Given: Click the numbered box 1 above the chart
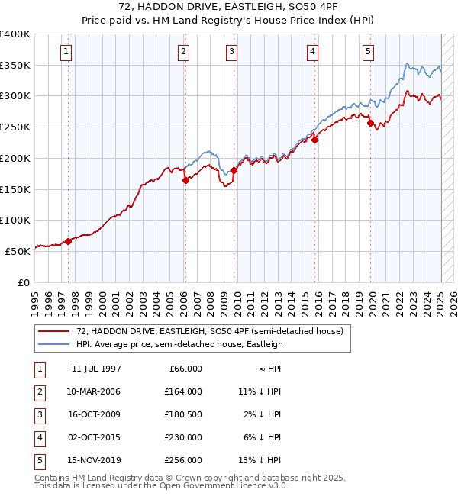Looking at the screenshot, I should coord(67,52).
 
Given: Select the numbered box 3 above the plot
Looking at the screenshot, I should coord(231,52).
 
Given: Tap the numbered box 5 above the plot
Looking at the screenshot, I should coord(368,52).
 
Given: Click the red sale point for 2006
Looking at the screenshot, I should coord(185,181).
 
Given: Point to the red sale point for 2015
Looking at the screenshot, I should coord(314,140).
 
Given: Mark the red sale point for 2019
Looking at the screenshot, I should coord(370,123).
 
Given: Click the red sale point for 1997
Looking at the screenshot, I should coord(68,241).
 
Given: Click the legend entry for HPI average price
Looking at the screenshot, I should coord(179,344).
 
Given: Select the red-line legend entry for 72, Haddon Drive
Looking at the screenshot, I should coord(210,331).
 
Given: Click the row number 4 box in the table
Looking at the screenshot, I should coord(39,437).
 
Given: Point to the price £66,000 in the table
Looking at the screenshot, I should coord(185,369).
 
